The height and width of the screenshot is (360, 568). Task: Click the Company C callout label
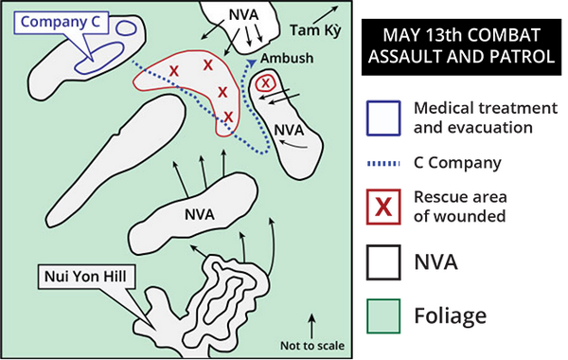pos(61,22)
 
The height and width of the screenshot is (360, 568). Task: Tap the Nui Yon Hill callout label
pos(86,277)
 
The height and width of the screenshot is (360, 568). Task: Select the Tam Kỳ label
pos(315,31)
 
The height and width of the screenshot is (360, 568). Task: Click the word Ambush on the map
pos(287,58)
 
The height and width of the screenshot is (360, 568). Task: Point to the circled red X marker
pos(265,83)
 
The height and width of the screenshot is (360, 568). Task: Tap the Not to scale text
pos(312,346)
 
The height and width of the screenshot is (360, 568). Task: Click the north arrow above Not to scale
pos(311,326)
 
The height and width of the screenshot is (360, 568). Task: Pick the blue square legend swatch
pos(383,118)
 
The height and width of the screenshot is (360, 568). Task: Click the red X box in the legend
pos(383,207)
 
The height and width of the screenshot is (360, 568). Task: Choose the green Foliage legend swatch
pos(383,315)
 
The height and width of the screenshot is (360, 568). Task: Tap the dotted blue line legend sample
pos(383,164)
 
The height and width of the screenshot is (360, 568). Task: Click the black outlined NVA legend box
pos(383,262)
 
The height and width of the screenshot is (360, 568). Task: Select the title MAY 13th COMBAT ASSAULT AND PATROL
pos(461,46)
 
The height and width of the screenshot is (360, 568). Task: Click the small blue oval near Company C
pos(126,27)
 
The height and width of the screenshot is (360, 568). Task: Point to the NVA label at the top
pos(244,15)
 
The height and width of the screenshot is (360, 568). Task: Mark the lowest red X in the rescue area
pos(228,117)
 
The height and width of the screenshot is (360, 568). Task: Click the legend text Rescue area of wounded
pos(460,207)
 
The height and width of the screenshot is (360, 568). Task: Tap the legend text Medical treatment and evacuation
pos(486,117)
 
